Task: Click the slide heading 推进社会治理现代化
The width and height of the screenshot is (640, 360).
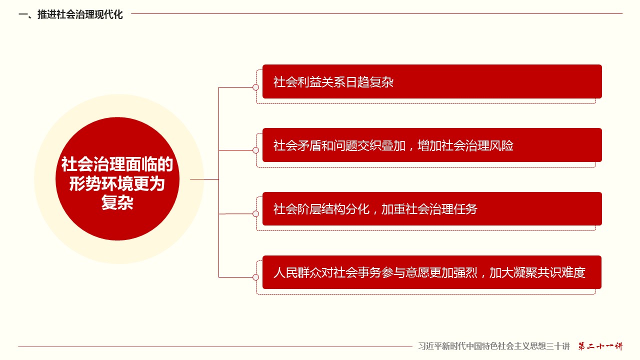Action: [80, 14]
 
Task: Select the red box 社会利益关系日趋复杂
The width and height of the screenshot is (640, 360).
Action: [432, 81]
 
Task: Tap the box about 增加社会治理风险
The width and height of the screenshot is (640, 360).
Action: [432, 145]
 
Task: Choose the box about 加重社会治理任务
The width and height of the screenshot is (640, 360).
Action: [432, 209]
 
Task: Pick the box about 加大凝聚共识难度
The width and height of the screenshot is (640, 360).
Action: [431, 272]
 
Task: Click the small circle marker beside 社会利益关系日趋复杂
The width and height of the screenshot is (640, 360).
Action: [255, 87]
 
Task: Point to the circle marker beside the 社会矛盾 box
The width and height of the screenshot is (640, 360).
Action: [255, 150]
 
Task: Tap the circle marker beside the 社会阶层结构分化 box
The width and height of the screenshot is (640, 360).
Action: [255, 213]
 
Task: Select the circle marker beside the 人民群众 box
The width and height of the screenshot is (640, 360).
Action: [255, 277]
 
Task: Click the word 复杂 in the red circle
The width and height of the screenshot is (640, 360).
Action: [117, 202]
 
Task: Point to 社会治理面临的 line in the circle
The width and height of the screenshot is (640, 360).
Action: [117, 164]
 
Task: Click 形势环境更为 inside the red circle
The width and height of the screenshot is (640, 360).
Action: [117, 183]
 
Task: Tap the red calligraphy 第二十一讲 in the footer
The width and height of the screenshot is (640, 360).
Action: [600, 346]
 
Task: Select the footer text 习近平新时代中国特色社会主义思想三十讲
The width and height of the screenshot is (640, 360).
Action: [494, 346]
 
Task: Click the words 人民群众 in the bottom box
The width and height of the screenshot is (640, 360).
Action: [297, 272]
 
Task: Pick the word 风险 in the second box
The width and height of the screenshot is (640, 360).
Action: [501, 145]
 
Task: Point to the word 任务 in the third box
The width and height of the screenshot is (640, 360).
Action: [465, 209]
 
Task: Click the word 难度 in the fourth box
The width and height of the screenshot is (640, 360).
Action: [573, 272]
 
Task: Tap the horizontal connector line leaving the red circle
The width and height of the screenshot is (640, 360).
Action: [204, 179]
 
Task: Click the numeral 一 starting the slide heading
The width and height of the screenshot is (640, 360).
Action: [23, 14]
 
